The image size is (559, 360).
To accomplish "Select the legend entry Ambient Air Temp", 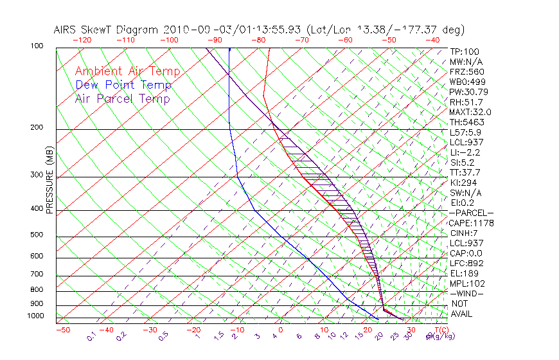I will click(x=127, y=71).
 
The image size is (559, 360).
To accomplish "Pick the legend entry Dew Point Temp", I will click(x=123, y=85).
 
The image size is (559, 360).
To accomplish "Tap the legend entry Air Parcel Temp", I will click(x=123, y=98).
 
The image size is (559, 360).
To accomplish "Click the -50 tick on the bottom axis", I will click(x=62, y=330).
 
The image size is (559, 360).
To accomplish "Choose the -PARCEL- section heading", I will click(x=471, y=213).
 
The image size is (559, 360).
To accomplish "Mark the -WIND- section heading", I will click(x=467, y=294).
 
